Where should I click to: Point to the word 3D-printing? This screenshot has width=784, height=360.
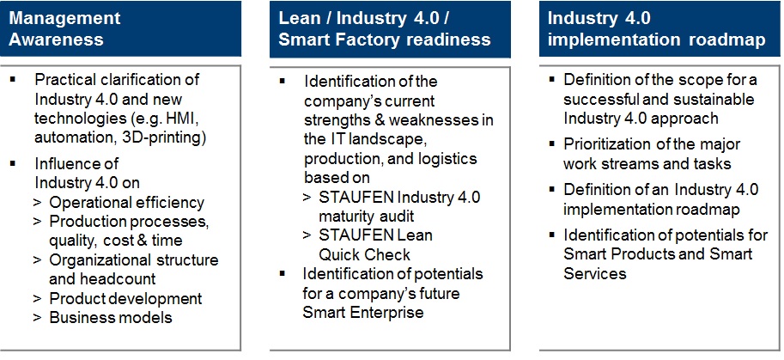164,138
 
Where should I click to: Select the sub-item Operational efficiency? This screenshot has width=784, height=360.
127,203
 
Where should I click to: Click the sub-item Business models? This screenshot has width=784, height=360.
111,318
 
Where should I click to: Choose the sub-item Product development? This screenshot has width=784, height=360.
125,298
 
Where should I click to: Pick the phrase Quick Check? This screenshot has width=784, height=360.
364,254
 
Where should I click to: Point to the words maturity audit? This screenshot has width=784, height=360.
367,217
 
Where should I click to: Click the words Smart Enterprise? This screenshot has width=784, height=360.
363,313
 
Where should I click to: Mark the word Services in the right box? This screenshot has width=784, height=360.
595,273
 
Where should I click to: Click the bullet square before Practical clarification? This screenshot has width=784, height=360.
13,79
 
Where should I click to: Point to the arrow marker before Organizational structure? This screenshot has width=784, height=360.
37,261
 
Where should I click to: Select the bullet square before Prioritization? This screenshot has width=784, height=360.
551,144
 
